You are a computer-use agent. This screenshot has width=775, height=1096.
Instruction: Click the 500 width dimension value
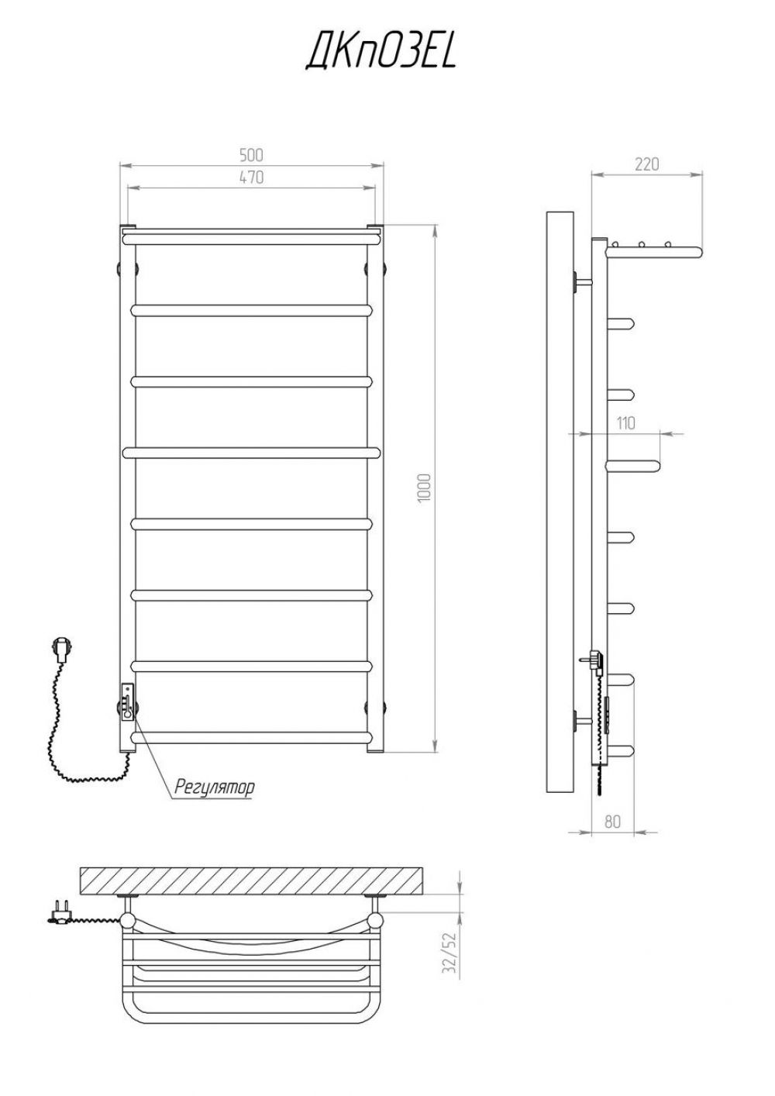(x=251, y=155)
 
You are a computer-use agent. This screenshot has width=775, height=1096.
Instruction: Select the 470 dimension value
(x=251, y=177)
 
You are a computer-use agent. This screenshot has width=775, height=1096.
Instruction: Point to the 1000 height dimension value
(x=424, y=487)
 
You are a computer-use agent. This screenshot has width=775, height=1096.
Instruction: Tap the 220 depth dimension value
(x=647, y=164)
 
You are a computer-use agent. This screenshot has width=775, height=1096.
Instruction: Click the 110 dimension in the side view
(x=625, y=423)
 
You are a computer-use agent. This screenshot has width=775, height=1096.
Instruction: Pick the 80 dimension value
(x=612, y=822)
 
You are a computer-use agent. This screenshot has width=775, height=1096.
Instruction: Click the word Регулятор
(x=215, y=788)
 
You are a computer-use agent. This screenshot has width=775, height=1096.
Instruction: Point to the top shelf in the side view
(x=654, y=252)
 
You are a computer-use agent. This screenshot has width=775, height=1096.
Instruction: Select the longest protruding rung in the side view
(x=634, y=466)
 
